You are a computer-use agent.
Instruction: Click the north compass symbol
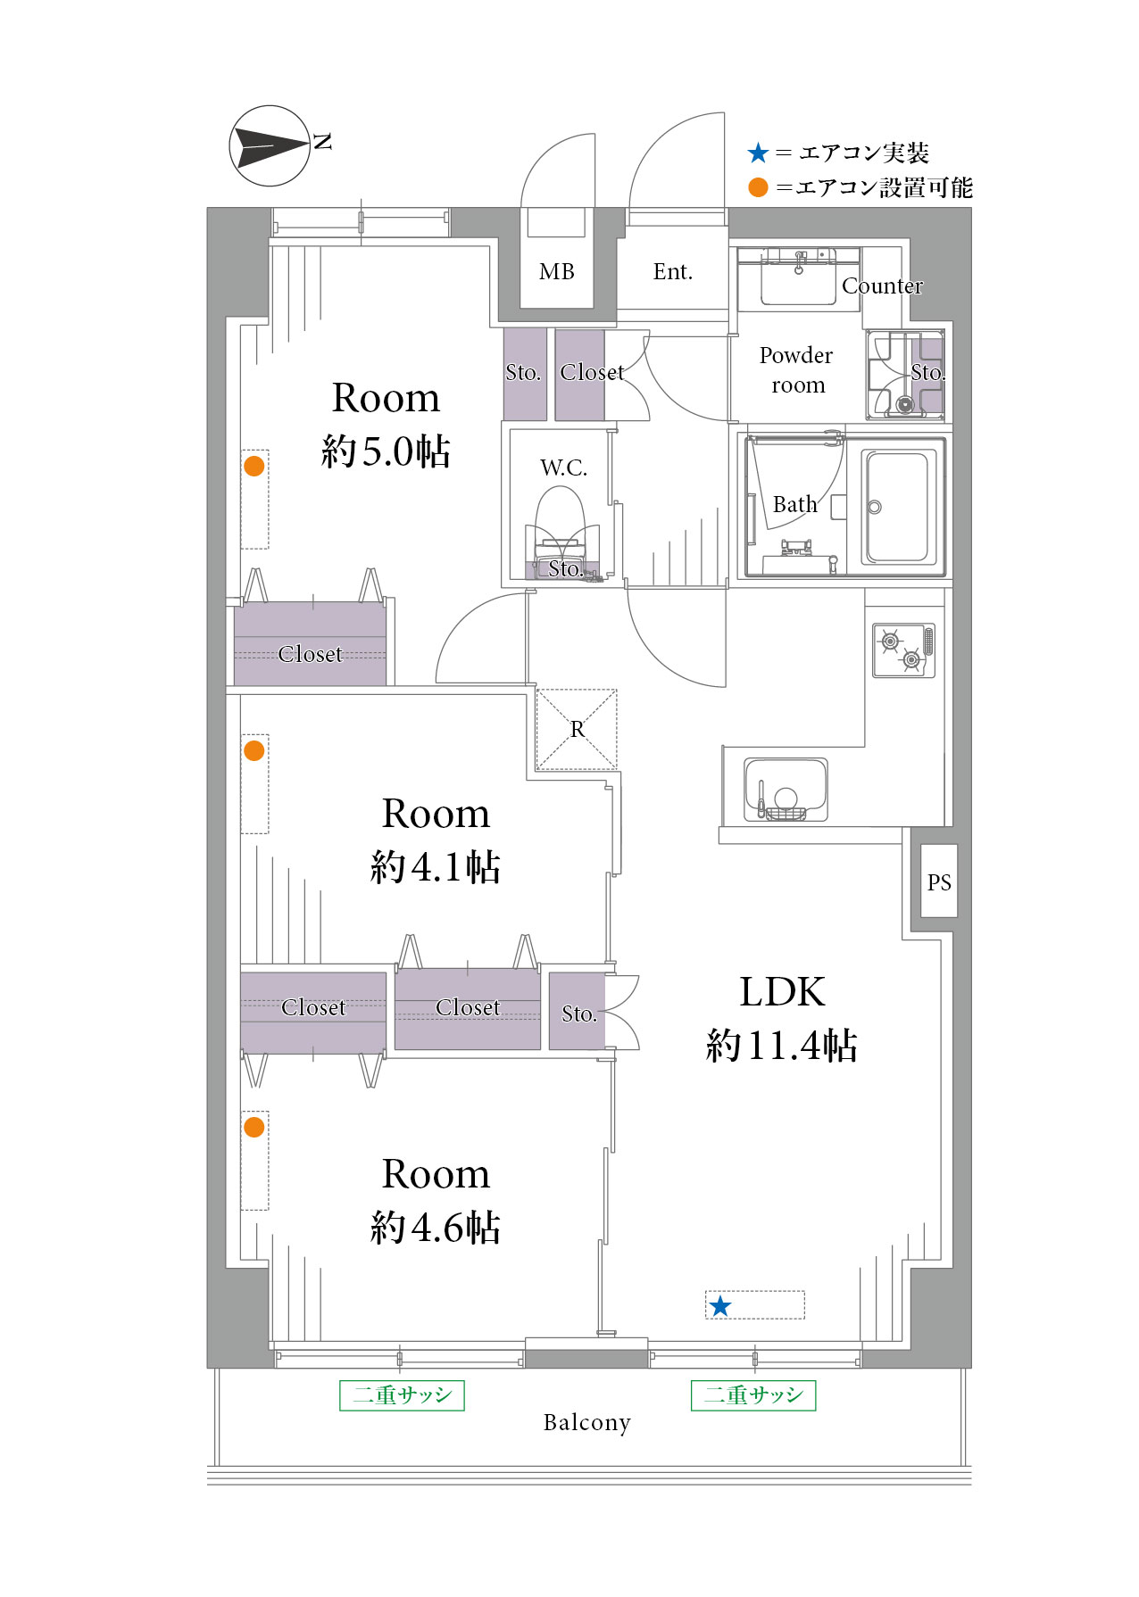(x=270, y=146)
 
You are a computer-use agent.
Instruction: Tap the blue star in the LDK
(x=719, y=1307)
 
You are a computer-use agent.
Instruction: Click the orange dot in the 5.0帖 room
(x=254, y=466)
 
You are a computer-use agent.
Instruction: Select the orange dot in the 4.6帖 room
(x=254, y=1127)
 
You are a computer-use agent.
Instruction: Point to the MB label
(x=557, y=272)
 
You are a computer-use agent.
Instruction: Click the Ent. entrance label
(x=673, y=272)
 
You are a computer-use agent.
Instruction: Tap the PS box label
(x=939, y=882)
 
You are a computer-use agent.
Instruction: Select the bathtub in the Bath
(x=898, y=507)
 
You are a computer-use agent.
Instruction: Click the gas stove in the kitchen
(x=903, y=650)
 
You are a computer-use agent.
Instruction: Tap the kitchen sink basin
(x=786, y=790)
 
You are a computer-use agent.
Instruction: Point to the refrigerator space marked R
(x=577, y=729)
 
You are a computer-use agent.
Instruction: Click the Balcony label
(x=587, y=1422)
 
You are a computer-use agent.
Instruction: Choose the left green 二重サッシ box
(x=403, y=1395)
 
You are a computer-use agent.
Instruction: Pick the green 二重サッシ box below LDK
(x=753, y=1395)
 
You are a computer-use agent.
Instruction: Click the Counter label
(x=882, y=286)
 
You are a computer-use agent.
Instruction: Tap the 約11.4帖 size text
(x=782, y=1046)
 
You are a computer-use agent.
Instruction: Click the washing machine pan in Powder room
(x=905, y=375)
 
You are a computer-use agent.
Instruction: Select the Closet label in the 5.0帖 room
(x=310, y=654)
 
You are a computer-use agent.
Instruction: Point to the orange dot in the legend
(x=759, y=187)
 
